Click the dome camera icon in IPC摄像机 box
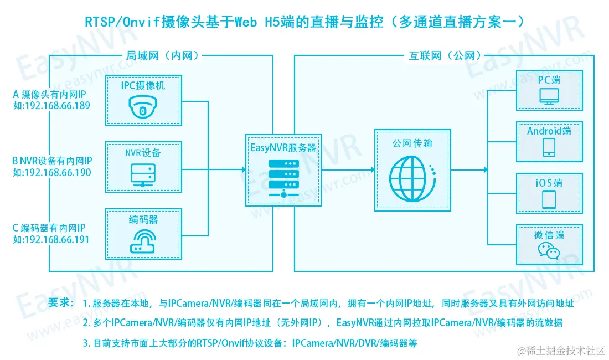143,107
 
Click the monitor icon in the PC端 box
549,98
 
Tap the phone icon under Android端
549,147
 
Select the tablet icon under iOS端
549,198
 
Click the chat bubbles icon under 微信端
549,252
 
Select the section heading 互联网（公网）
446,55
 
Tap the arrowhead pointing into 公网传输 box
371,169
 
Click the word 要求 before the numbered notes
60,302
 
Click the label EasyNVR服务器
283,148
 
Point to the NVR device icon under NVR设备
143,175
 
